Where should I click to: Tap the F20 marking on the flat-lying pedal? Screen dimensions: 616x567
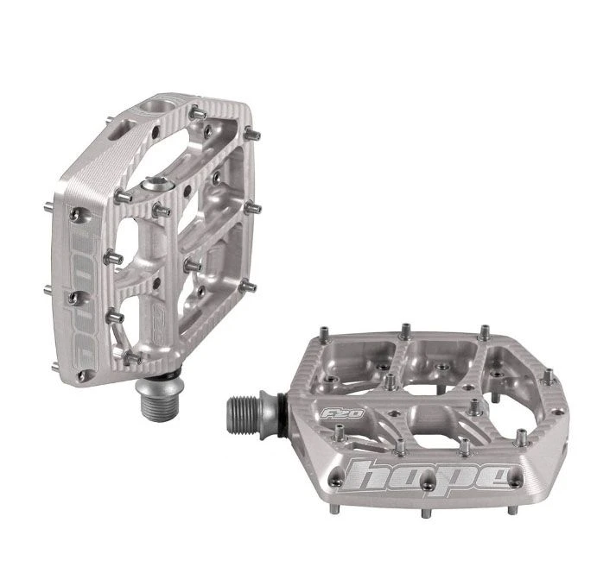(342, 413)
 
